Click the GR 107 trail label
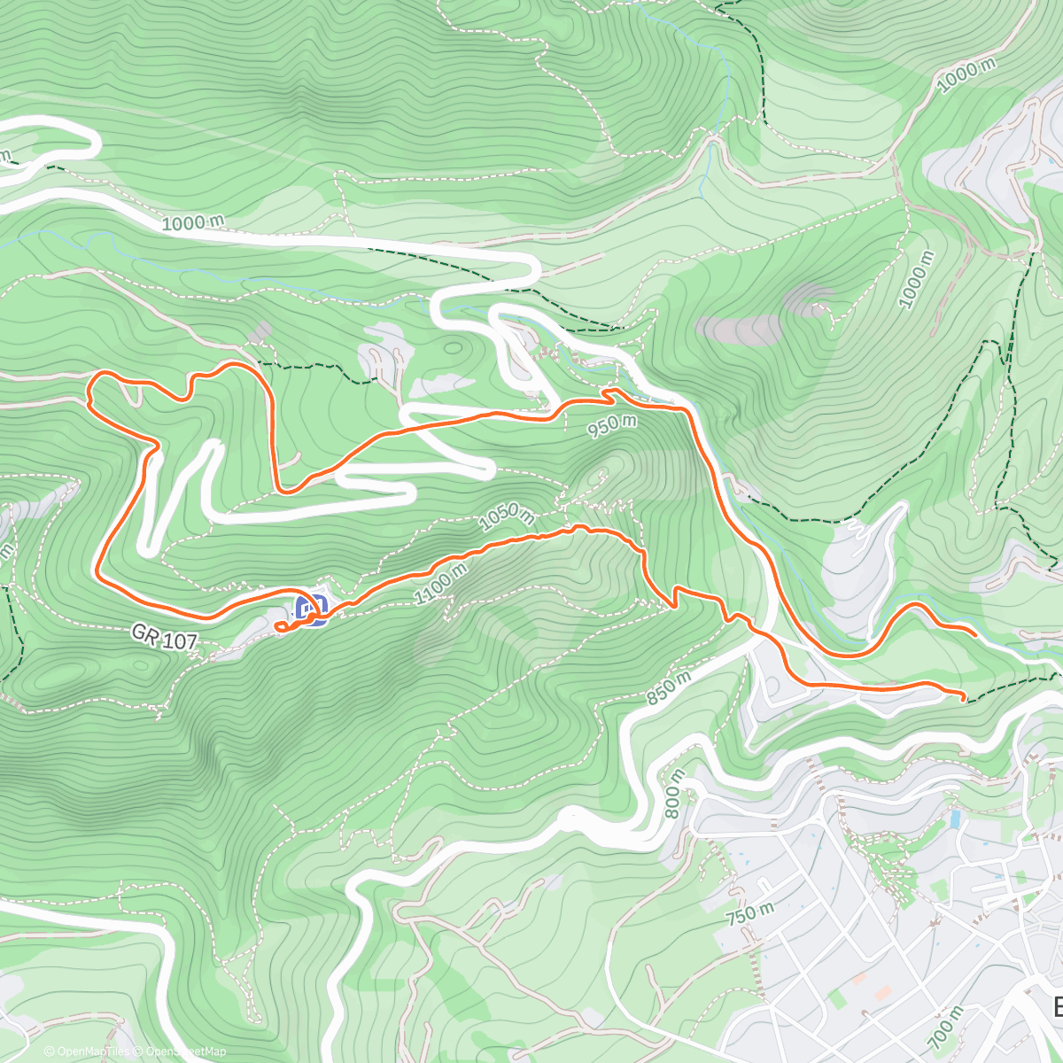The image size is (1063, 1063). click(x=164, y=637)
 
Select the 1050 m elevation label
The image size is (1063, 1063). click(x=507, y=518)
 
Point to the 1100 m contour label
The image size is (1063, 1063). click(x=441, y=586)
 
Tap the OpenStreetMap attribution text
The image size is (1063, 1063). click(x=182, y=1051)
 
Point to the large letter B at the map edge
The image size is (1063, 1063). click(x=1056, y=1007)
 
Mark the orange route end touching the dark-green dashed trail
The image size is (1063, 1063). click(x=962, y=700)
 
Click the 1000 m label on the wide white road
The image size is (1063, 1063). click(x=192, y=223)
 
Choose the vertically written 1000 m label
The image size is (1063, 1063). click(x=917, y=280)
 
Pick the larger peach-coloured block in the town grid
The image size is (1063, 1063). click(x=857, y=980)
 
